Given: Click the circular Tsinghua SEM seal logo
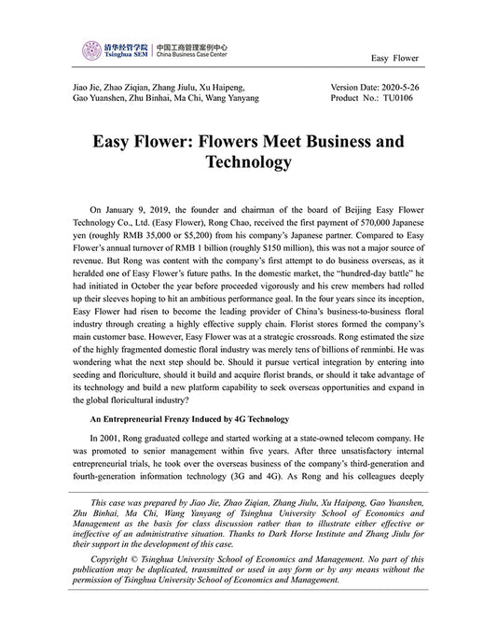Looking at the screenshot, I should pos(91,50).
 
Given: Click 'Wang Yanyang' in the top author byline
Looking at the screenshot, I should pos(234,97).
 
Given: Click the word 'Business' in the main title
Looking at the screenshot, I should pos(324,142).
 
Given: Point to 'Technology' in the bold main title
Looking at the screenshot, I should pos(248,163).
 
